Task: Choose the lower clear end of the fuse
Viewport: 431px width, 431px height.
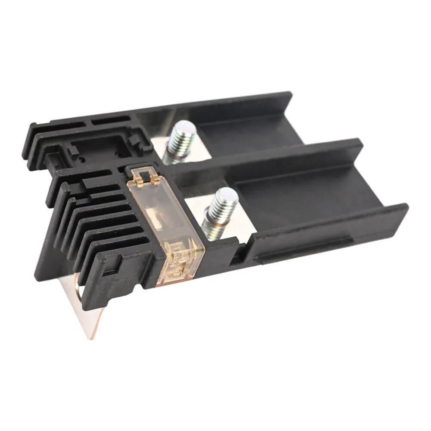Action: pyautogui.click(x=181, y=263)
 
